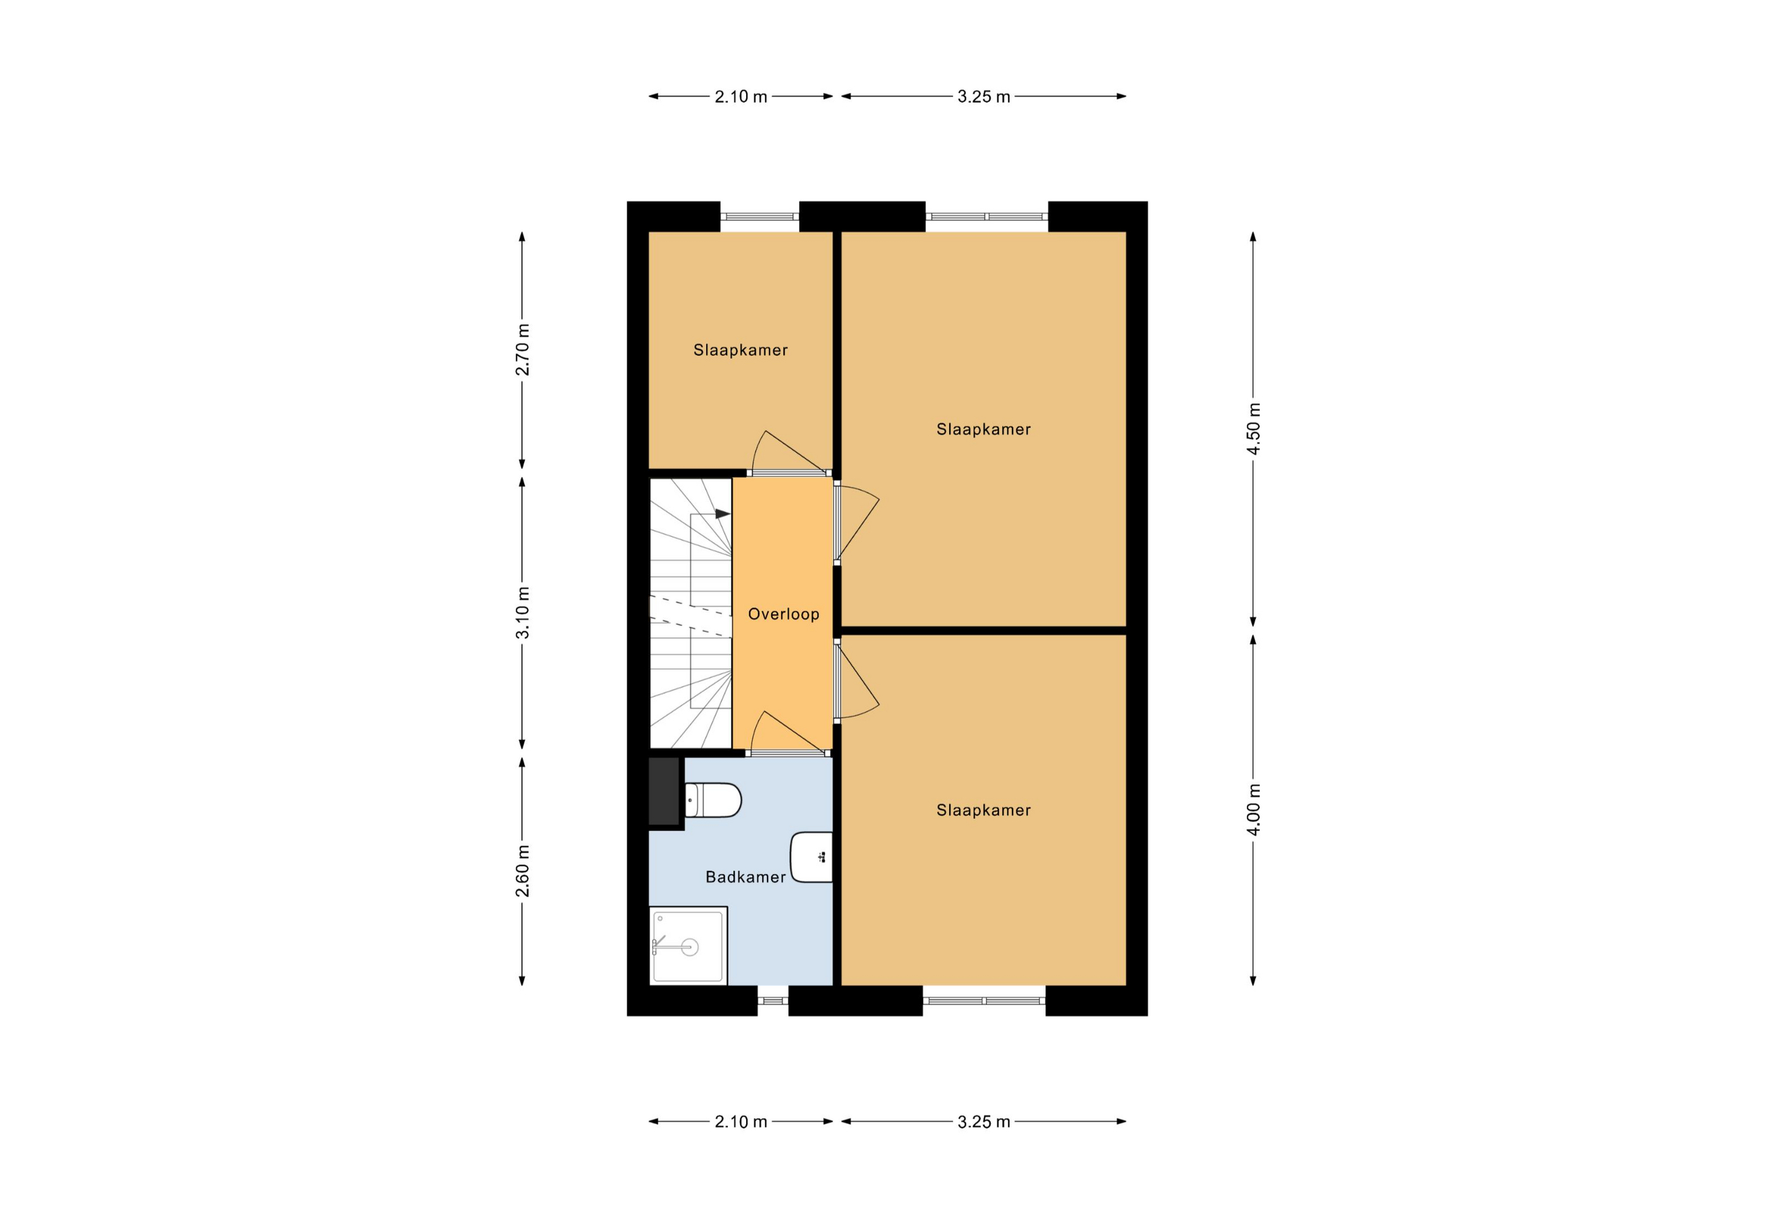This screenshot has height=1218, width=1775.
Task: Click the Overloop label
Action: pos(783,614)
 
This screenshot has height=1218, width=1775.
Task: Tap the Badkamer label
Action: pos(745,877)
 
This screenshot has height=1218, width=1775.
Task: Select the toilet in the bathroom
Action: pos(713,800)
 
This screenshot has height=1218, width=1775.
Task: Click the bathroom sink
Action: pos(812,857)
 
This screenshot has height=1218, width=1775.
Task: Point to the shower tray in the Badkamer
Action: pos(688,946)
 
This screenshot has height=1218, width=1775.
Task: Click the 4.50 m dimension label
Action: pos(1253,429)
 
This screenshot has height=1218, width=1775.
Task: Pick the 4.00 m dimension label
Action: pos(1253,809)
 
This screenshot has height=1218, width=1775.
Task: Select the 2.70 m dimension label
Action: pos(522,350)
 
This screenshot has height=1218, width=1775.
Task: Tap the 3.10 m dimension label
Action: pos(522,613)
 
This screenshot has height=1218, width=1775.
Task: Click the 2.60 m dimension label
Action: pos(522,872)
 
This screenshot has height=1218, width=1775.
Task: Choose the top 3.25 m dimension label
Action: pos(984,97)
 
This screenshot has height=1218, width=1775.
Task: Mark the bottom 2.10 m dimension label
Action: pos(741,1122)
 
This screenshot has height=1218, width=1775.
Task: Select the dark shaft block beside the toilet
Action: pos(664,792)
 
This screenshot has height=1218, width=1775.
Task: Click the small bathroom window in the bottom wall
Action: pos(773,1000)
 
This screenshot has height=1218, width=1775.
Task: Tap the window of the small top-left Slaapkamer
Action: pos(760,216)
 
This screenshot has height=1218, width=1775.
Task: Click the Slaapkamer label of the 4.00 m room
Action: pos(984,810)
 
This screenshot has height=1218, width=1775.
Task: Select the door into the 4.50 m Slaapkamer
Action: pos(855,523)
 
